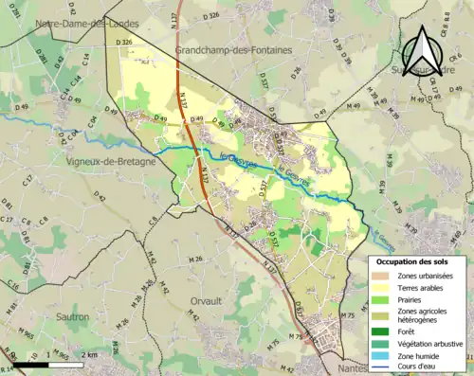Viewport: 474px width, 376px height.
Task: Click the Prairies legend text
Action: (x=411, y=299)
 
